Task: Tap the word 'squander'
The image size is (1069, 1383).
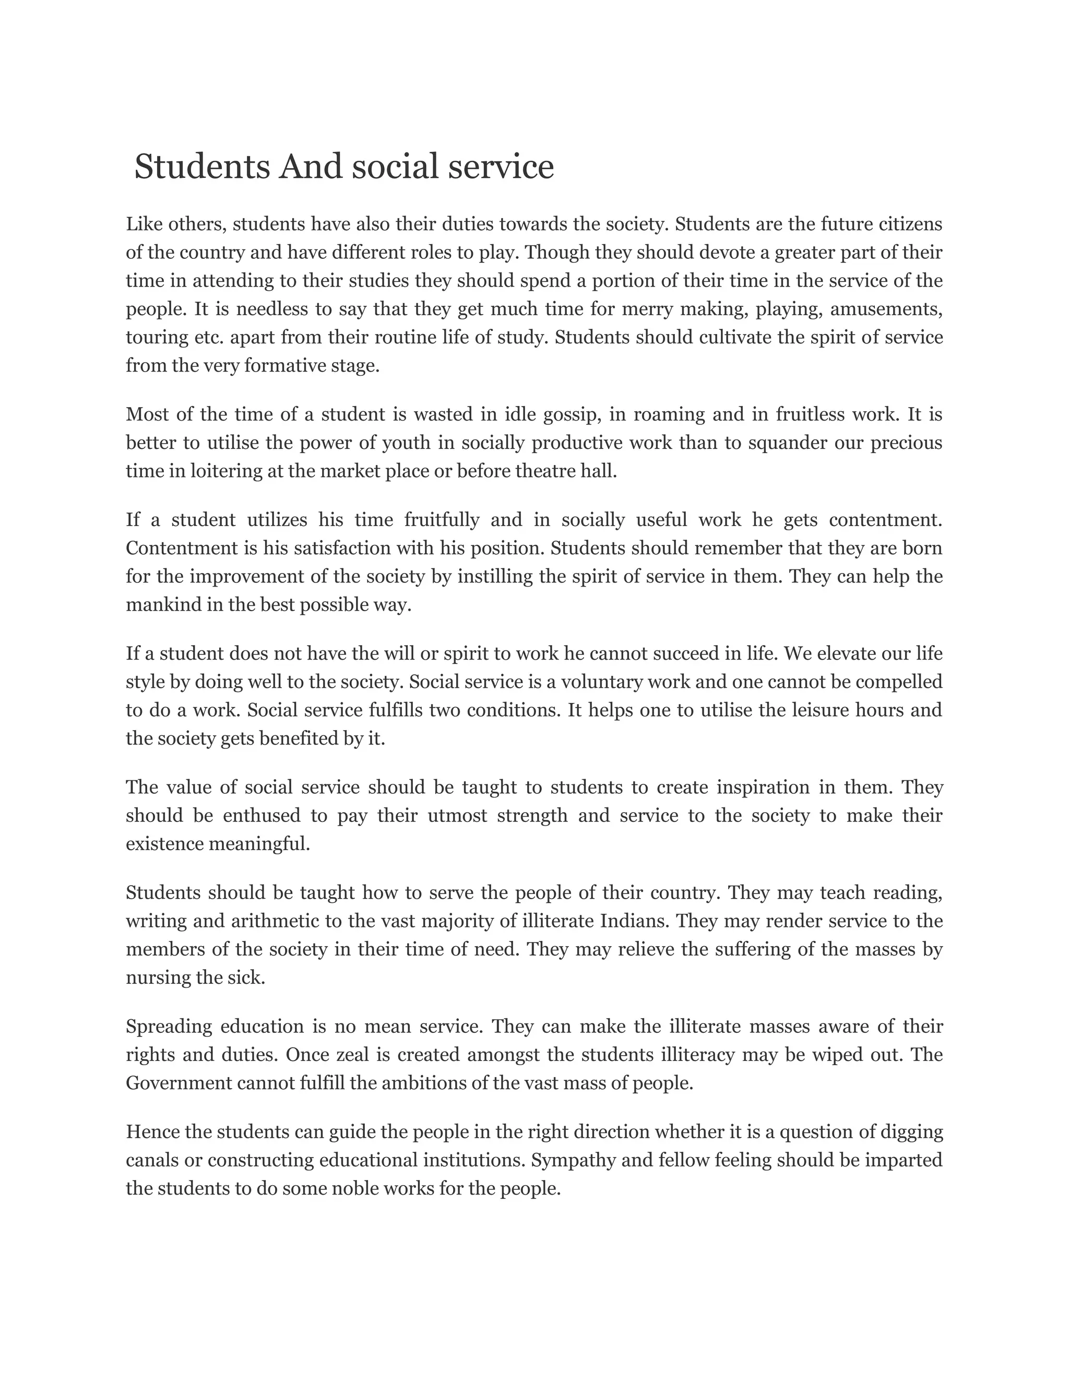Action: [x=788, y=443]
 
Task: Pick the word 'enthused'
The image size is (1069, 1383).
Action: [x=262, y=816]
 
